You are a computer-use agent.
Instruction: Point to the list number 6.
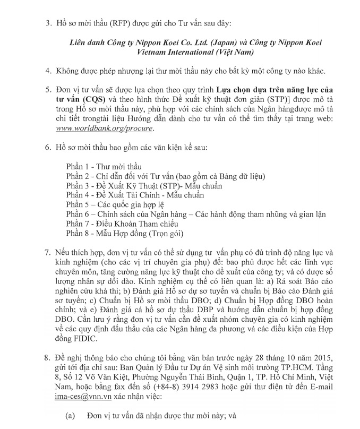(48, 146)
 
